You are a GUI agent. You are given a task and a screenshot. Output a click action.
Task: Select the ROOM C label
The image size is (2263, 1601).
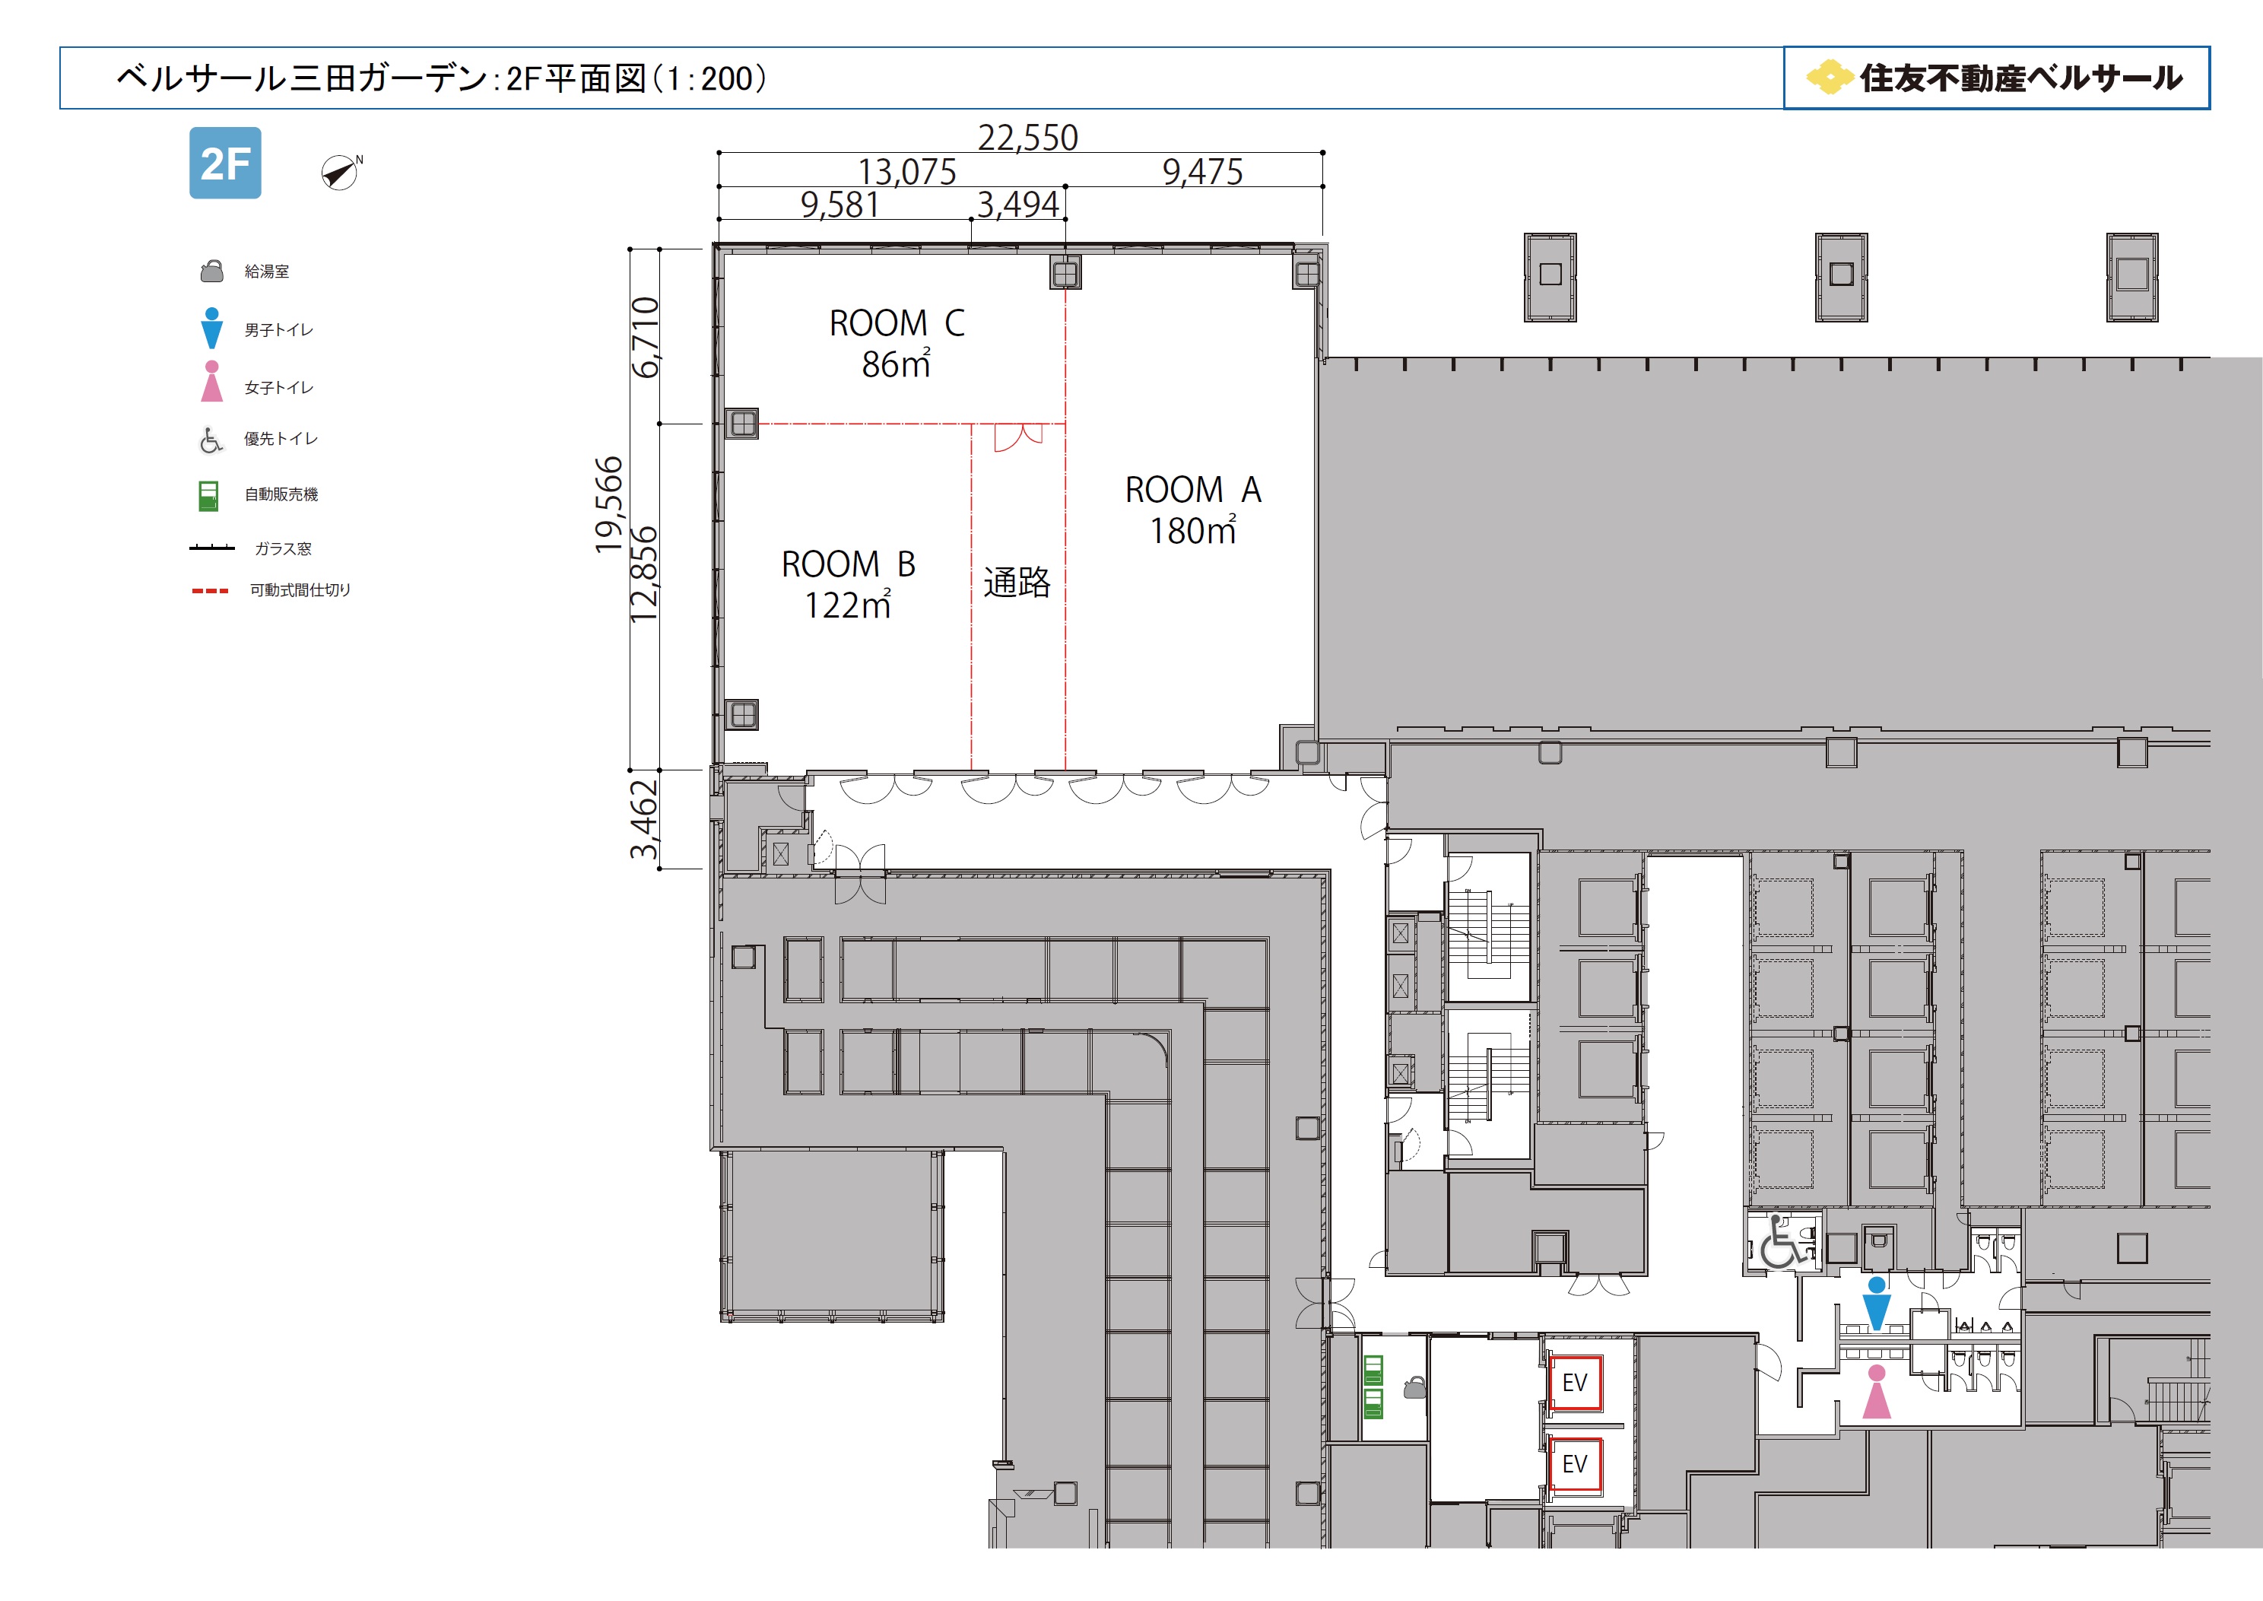tap(897, 323)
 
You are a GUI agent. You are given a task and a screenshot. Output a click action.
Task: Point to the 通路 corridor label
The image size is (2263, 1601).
tap(1017, 583)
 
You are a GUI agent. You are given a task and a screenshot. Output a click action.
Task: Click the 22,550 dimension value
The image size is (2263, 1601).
tap(1028, 137)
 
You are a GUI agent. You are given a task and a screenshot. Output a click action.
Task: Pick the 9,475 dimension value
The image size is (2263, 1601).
tap(1202, 172)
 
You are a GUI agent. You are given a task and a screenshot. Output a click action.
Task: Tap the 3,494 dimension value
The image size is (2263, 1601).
tap(1018, 204)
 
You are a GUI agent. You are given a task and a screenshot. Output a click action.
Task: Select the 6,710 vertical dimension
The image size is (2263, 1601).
tap(646, 337)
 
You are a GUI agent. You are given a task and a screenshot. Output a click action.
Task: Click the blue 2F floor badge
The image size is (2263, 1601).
tap(225, 163)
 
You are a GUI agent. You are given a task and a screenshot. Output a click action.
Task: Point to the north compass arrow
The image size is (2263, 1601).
tap(341, 173)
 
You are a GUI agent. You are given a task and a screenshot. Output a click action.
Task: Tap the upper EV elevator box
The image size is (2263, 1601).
tap(1574, 1383)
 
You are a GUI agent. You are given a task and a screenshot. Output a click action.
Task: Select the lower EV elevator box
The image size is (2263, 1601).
tap(1574, 1465)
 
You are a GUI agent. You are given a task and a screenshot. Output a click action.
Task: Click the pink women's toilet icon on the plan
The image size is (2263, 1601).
tap(1877, 1392)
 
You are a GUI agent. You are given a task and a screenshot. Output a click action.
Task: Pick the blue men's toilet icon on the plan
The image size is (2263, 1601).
tap(1877, 1304)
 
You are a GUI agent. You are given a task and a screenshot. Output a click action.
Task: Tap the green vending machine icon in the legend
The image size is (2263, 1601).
tap(208, 496)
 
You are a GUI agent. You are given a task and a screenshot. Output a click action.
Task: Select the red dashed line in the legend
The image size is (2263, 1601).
tap(210, 590)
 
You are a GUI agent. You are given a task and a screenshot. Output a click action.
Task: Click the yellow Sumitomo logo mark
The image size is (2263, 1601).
tap(1830, 78)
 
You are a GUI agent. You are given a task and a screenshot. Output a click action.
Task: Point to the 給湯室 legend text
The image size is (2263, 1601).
tap(267, 271)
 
